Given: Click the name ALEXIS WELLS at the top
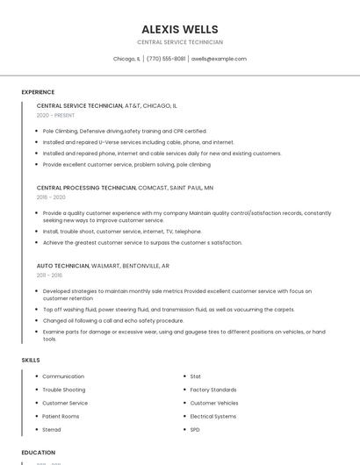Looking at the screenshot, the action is click(x=180, y=29).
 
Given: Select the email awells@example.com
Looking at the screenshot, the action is click(x=219, y=59).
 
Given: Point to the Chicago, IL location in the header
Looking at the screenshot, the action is click(x=126, y=59).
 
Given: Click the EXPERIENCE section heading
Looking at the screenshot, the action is click(x=38, y=92).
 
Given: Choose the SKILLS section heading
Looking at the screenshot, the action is click(x=31, y=361).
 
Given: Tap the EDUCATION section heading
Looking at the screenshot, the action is click(x=38, y=453).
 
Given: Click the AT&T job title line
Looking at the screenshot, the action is click(x=106, y=105).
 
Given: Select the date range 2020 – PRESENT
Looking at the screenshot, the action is click(x=55, y=115).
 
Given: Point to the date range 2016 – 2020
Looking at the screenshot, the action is click(x=51, y=197).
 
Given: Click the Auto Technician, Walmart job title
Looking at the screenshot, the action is click(x=103, y=265).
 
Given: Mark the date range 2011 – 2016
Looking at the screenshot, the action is click(x=49, y=275).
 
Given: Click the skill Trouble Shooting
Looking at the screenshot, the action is click(x=64, y=390).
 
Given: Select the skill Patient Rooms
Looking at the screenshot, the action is click(x=61, y=416).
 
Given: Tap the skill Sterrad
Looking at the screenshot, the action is click(x=52, y=430).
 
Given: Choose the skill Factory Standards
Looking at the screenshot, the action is click(x=213, y=390).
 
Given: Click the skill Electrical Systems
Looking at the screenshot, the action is click(x=213, y=416).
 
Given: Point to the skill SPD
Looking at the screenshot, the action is click(x=195, y=430).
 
